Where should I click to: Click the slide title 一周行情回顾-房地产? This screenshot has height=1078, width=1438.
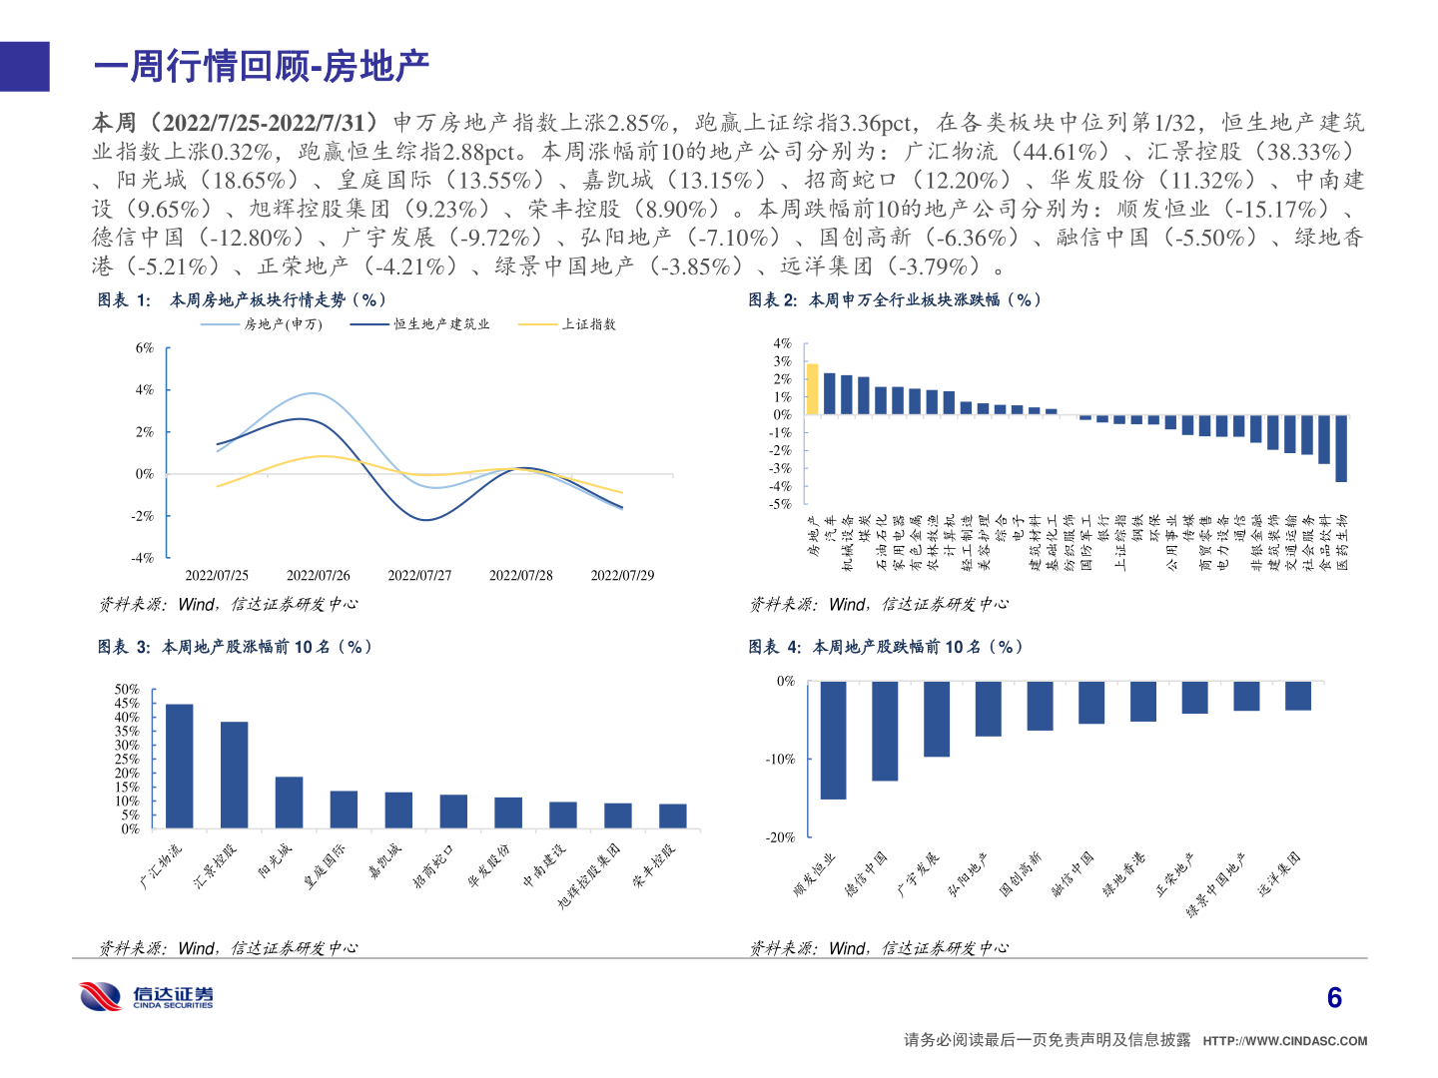pyautogui.click(x=262, y=67)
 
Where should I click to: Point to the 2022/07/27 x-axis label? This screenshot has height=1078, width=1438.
pyautogui.click(x=419, y=576)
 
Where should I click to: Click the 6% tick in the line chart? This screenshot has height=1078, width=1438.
pyautogui.click(x=145, y=348)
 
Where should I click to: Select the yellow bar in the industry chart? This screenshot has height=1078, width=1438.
pyautogui.click(x=812, y=389)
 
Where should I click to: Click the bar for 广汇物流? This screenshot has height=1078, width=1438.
pyautogui.click(x=179, y=766)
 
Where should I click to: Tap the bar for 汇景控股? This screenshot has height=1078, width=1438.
pyautogui.click(x=234, y=775)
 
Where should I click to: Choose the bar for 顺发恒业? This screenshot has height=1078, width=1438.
pyautogui.click(x=833, y=740)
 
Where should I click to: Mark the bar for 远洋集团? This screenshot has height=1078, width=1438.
pyautogui.click(x=1297, y=696)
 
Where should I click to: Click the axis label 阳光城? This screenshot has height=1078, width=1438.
pyautogui.click(x=276, y=860)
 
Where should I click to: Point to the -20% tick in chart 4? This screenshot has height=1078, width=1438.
pyautogui.click(x=780, y=837)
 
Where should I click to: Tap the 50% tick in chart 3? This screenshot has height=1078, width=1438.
pyautogui.click(x=127, y=690)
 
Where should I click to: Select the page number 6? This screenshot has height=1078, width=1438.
pyautogui.click(x=1334, y=998)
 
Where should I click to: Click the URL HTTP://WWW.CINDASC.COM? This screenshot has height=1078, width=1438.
pyautogui.click(x=1284, y=1041)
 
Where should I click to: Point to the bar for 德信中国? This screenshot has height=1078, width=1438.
pyautogui.click(x=885, y=731)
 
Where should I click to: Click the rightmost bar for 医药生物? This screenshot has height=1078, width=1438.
pyautogui.click(x=1340, y=448)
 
